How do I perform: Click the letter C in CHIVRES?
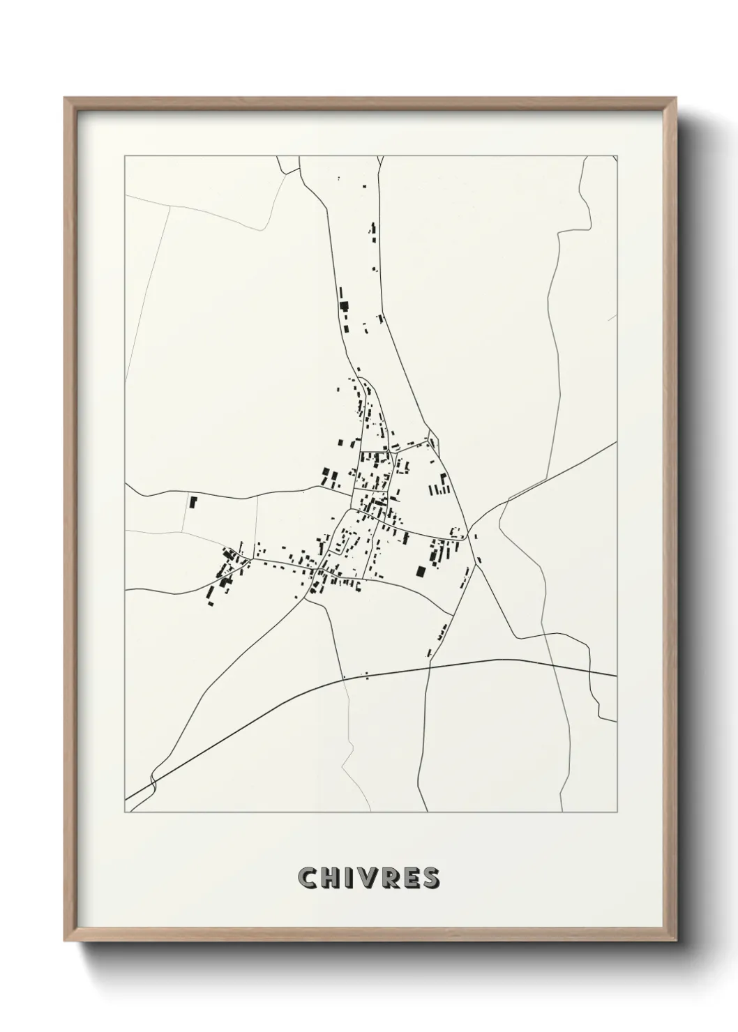pos(308,879)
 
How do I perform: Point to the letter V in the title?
pos(370,879)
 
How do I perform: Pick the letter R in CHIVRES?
pos(391,879)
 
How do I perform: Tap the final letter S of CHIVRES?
pos(431,879)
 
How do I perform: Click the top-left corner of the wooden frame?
pos(66,98)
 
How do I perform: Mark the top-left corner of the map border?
pos(125,156)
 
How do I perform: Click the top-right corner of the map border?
pos(617,156)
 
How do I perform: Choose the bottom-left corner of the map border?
pos(125,812)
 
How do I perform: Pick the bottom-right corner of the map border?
pos(617,812)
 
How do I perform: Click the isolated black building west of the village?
pos(193,501)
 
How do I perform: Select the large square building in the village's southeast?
pos(420,572)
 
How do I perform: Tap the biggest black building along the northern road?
pos(342,305)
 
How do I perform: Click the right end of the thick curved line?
pos(615,675)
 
